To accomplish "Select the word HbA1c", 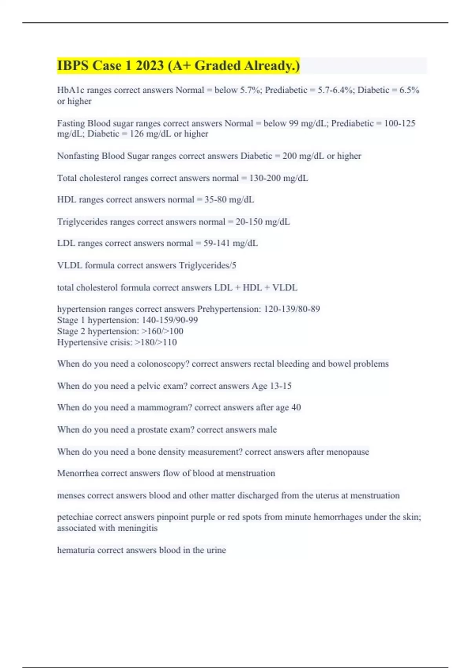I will [71, 90].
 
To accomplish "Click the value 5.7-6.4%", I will [332, 90].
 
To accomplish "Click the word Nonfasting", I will [78, 156].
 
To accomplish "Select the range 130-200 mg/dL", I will [279, 178].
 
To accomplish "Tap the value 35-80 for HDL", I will [215, 200].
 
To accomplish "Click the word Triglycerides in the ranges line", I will [82, 222].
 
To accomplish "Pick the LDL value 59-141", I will [217, 243].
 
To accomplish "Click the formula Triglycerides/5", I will [208, 266].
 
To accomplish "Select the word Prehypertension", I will [228, 309].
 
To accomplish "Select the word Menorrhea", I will [78, 473].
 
